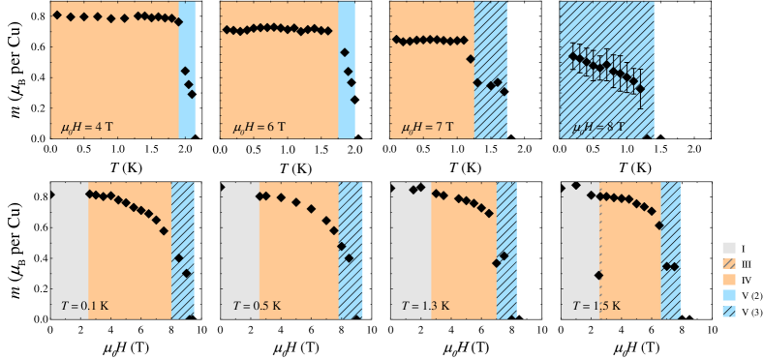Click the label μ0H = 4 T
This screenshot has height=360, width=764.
(x=86, y=127)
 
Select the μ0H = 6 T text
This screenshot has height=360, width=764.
(x=259, y=127)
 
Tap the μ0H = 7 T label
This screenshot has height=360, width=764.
(x=428, y=127)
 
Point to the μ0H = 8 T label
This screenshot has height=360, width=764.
(x=598, y=127)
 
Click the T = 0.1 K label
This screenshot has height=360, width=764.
(x=84, y=306)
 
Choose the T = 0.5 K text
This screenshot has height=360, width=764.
(x=257, y=306)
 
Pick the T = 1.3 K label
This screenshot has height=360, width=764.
(x=426, y=306)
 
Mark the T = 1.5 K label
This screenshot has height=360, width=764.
(x=596, y=306)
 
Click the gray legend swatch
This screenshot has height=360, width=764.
(x=728, y=248)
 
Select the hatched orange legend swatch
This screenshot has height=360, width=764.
(x=728, y=263)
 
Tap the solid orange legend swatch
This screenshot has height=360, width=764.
(x=728, y=279)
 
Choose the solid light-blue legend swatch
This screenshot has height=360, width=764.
(x=728, y=294)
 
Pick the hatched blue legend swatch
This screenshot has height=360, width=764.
(x=728, y=311)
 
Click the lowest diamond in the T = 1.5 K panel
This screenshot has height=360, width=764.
(x=598, y=276)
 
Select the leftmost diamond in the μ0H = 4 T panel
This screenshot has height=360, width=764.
(x=57, y=15)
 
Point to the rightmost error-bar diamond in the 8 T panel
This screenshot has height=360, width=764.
(x=640, y=88)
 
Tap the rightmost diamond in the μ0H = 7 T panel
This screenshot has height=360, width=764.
(x=504, y=92)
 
